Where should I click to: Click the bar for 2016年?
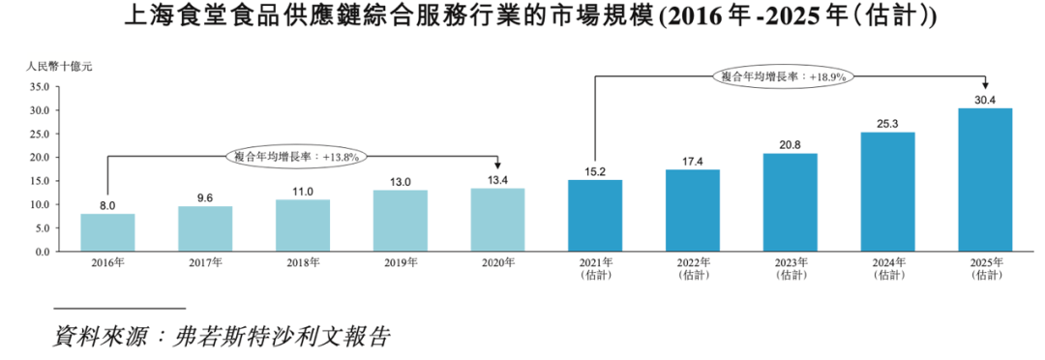(x=107, y=232)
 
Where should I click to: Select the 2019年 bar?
(x=400, y=221)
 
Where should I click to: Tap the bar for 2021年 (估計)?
(x=595, y=216)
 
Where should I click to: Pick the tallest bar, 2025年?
(x=985, y=180)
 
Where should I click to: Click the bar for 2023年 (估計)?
(x=790, y=202)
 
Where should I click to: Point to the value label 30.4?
(x=985, y=99)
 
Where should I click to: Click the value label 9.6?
(x=205, y=197)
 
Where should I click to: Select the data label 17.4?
(x=692, y=161)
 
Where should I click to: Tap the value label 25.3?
(x=887, y=123)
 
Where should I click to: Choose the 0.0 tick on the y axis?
(x=40, y=252)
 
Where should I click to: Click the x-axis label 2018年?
(x=302, y=262)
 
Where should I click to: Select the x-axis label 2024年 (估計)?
(x=887, y=268)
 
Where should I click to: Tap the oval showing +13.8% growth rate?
(x=297, y=156)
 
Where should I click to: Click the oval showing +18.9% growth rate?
(x=785, y=75)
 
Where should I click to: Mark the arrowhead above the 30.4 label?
(x=985, y=85)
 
